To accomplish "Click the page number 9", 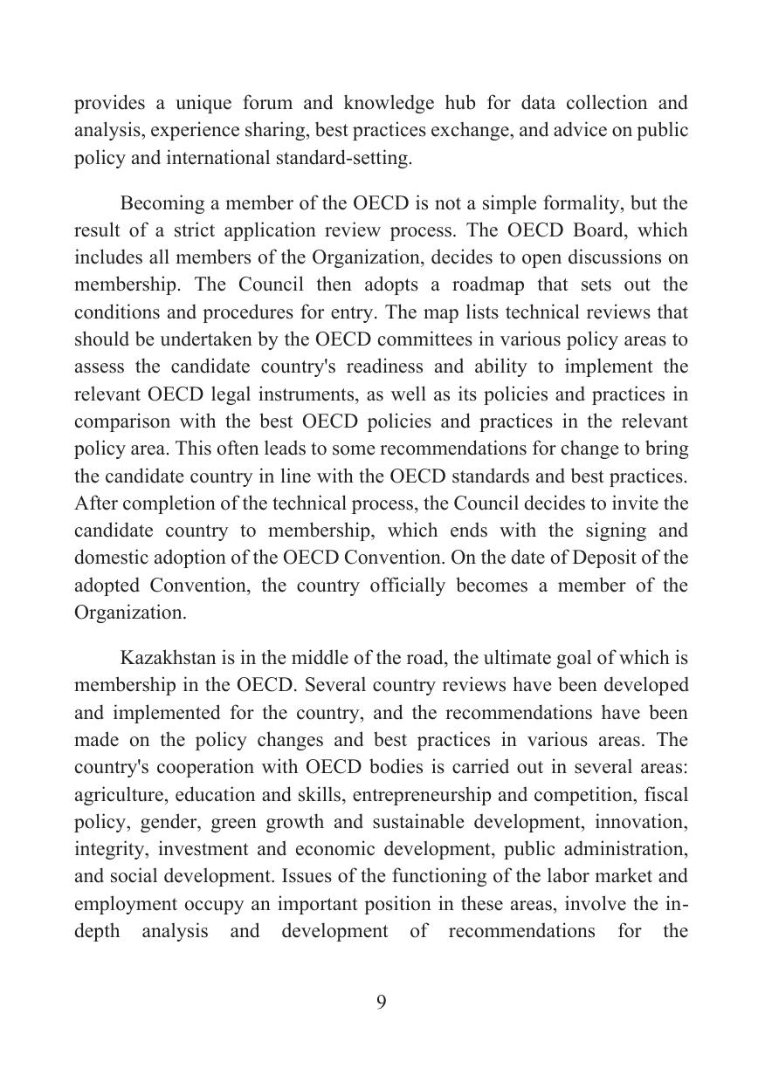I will pos(382,1003).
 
